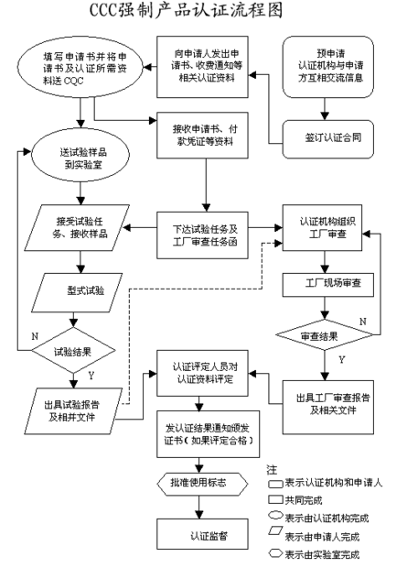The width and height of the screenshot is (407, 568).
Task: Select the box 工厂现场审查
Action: [x=327, y=283]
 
